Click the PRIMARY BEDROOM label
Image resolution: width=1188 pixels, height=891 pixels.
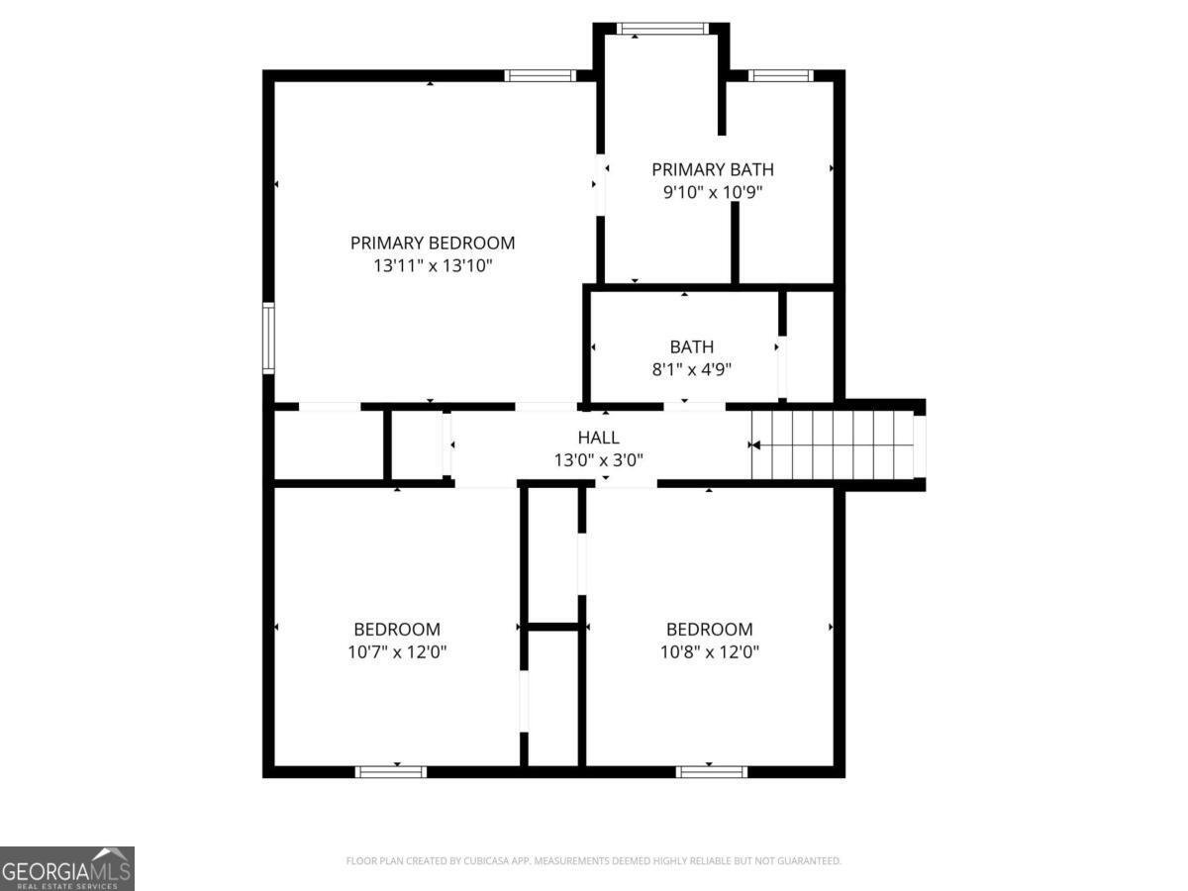pos(433,243)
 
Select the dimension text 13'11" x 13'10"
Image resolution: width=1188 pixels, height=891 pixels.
pos(433,266)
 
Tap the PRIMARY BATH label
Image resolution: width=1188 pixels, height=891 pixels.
pos(713,169)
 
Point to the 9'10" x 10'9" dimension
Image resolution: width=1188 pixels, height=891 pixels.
pos(713,193)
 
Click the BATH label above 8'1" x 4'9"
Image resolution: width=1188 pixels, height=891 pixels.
pos(692,346)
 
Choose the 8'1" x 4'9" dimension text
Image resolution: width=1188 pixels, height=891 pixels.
pos(692,370)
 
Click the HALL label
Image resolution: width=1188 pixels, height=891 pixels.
pos(599,437)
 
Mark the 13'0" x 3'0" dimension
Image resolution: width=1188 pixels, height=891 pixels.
pos(599,460)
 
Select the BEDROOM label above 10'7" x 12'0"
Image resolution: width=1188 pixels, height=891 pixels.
pos(397,629)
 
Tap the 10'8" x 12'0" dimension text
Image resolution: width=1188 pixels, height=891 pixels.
pos(709,652)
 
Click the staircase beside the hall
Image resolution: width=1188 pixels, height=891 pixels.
pos(832,445)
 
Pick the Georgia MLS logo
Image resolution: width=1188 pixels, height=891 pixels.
pos(66,868)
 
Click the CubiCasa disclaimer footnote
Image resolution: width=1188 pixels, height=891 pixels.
pos(594,861)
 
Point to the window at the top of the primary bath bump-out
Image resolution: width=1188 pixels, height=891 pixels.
pos(662,29)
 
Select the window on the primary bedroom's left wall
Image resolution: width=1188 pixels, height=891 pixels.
pos(268,339)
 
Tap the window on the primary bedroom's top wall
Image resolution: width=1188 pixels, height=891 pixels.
pos(540,75)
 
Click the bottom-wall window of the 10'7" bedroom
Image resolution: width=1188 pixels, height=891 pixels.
pos(391,771)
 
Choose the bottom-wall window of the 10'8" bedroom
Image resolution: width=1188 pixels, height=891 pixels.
pos(712,771)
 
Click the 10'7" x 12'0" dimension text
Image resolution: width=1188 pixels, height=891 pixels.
pos(397,652)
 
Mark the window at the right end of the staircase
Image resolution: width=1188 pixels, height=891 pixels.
pos(919,445)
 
